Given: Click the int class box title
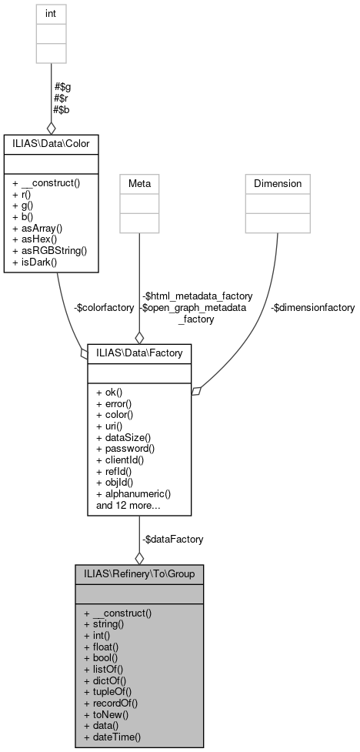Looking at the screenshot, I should (52, 13).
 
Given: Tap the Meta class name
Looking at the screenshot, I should (139, 184).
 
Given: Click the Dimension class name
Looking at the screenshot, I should (278, 184).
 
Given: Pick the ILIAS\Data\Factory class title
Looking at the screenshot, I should (139, 352).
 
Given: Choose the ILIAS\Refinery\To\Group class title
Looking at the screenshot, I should (139, 573).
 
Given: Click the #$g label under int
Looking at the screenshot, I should (62, 86).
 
